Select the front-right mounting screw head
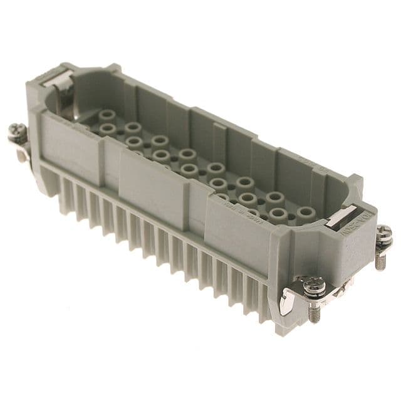click(x=313, y=288)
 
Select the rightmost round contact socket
click(x=305, y=212)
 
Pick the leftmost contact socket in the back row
click(x=108, y=116)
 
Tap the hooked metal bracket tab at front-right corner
click(x=286, y=301)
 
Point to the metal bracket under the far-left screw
click(x=23, y=150)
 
